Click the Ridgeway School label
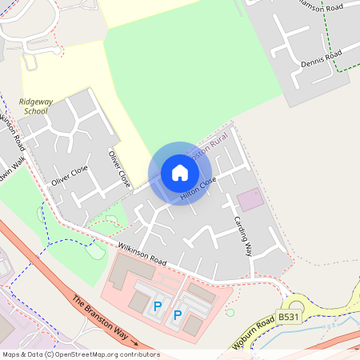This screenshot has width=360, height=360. click(35, 106)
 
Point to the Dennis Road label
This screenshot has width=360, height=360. click(322, 58)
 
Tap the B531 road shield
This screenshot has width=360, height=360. click(290, 318)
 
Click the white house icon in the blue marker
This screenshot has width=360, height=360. click(180, 173)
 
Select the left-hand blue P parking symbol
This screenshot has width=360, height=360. click(158, 306)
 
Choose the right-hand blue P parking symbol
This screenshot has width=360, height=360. click(178, 314)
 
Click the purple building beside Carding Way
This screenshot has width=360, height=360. click(250, 199)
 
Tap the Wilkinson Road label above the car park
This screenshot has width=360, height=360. click(142, 255)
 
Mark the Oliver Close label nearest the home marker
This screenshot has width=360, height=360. click(120, 167)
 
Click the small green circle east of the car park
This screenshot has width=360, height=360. click(230, 312)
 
